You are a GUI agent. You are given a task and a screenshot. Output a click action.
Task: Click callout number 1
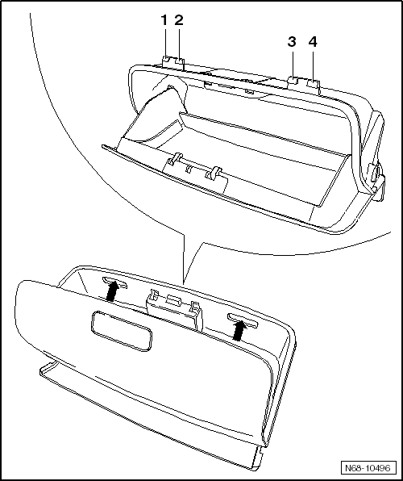click(164, 20)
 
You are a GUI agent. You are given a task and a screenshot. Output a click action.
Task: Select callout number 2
click(179, 20)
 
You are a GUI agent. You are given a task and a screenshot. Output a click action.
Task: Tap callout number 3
click(292, 42)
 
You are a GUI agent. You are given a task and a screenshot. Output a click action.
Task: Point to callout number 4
click(313, 42)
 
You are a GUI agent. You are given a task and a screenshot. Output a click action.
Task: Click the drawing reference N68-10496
click(368, 468)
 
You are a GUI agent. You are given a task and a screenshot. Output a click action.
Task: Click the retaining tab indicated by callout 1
click(166, 60)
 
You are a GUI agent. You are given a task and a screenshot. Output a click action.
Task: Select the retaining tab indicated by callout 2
click(180, 61)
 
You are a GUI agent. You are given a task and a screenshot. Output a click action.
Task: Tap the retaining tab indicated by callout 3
click(293, 80)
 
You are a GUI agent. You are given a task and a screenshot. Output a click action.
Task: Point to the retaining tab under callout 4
click(314, 83)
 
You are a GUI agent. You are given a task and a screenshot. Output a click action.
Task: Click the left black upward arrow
click(112, 291)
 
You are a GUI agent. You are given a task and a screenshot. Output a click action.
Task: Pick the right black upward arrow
click(239, 330)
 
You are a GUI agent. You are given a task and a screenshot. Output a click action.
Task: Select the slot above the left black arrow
click(114, 282)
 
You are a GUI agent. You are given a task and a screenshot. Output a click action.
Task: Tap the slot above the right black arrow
click(242, 320)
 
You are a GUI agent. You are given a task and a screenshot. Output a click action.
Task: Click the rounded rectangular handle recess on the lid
click(122, 331)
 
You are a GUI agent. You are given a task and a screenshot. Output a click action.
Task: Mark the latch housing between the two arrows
click(174, 310)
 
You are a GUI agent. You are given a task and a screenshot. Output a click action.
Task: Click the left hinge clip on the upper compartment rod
click(174, 159)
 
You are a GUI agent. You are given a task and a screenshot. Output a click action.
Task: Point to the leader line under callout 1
click(165, 42)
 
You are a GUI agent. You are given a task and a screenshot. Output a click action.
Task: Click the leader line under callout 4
click(313, 65)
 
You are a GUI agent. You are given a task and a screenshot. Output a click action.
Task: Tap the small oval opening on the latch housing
click(173, 299)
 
